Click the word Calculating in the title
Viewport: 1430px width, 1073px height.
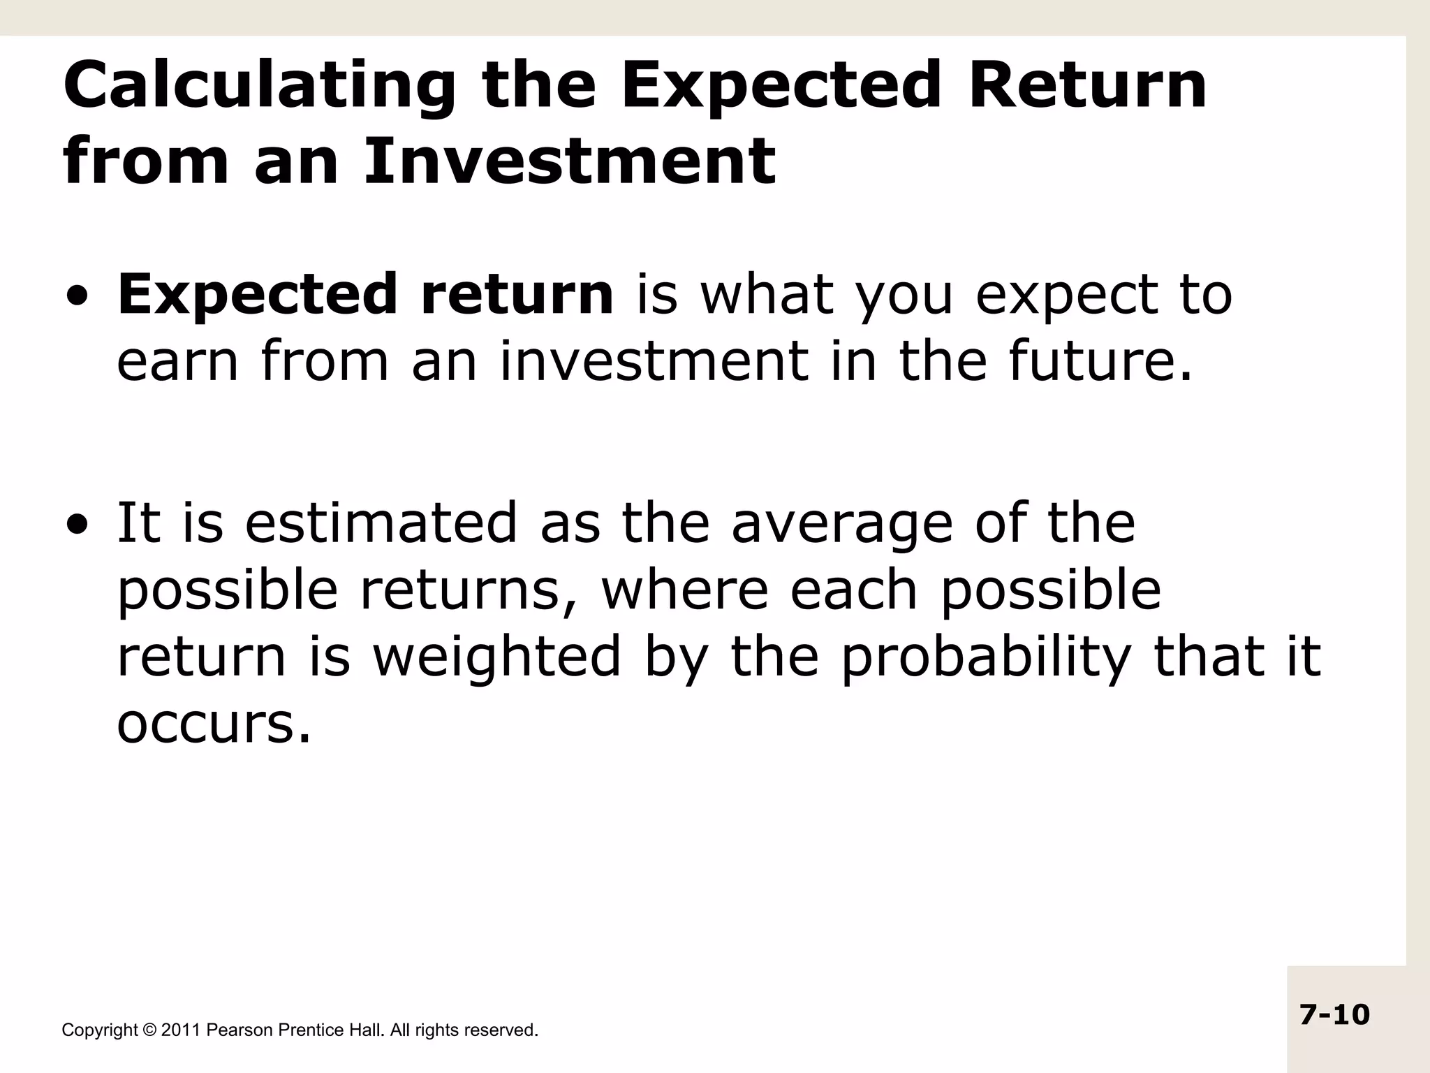(259, 87)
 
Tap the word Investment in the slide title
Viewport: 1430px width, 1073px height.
(569, 161)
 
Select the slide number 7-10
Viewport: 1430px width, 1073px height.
(1334, 1014)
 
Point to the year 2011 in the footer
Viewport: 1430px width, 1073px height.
(181, 1030)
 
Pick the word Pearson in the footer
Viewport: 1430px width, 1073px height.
(239, 1030)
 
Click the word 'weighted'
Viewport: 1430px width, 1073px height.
(496, 657)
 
